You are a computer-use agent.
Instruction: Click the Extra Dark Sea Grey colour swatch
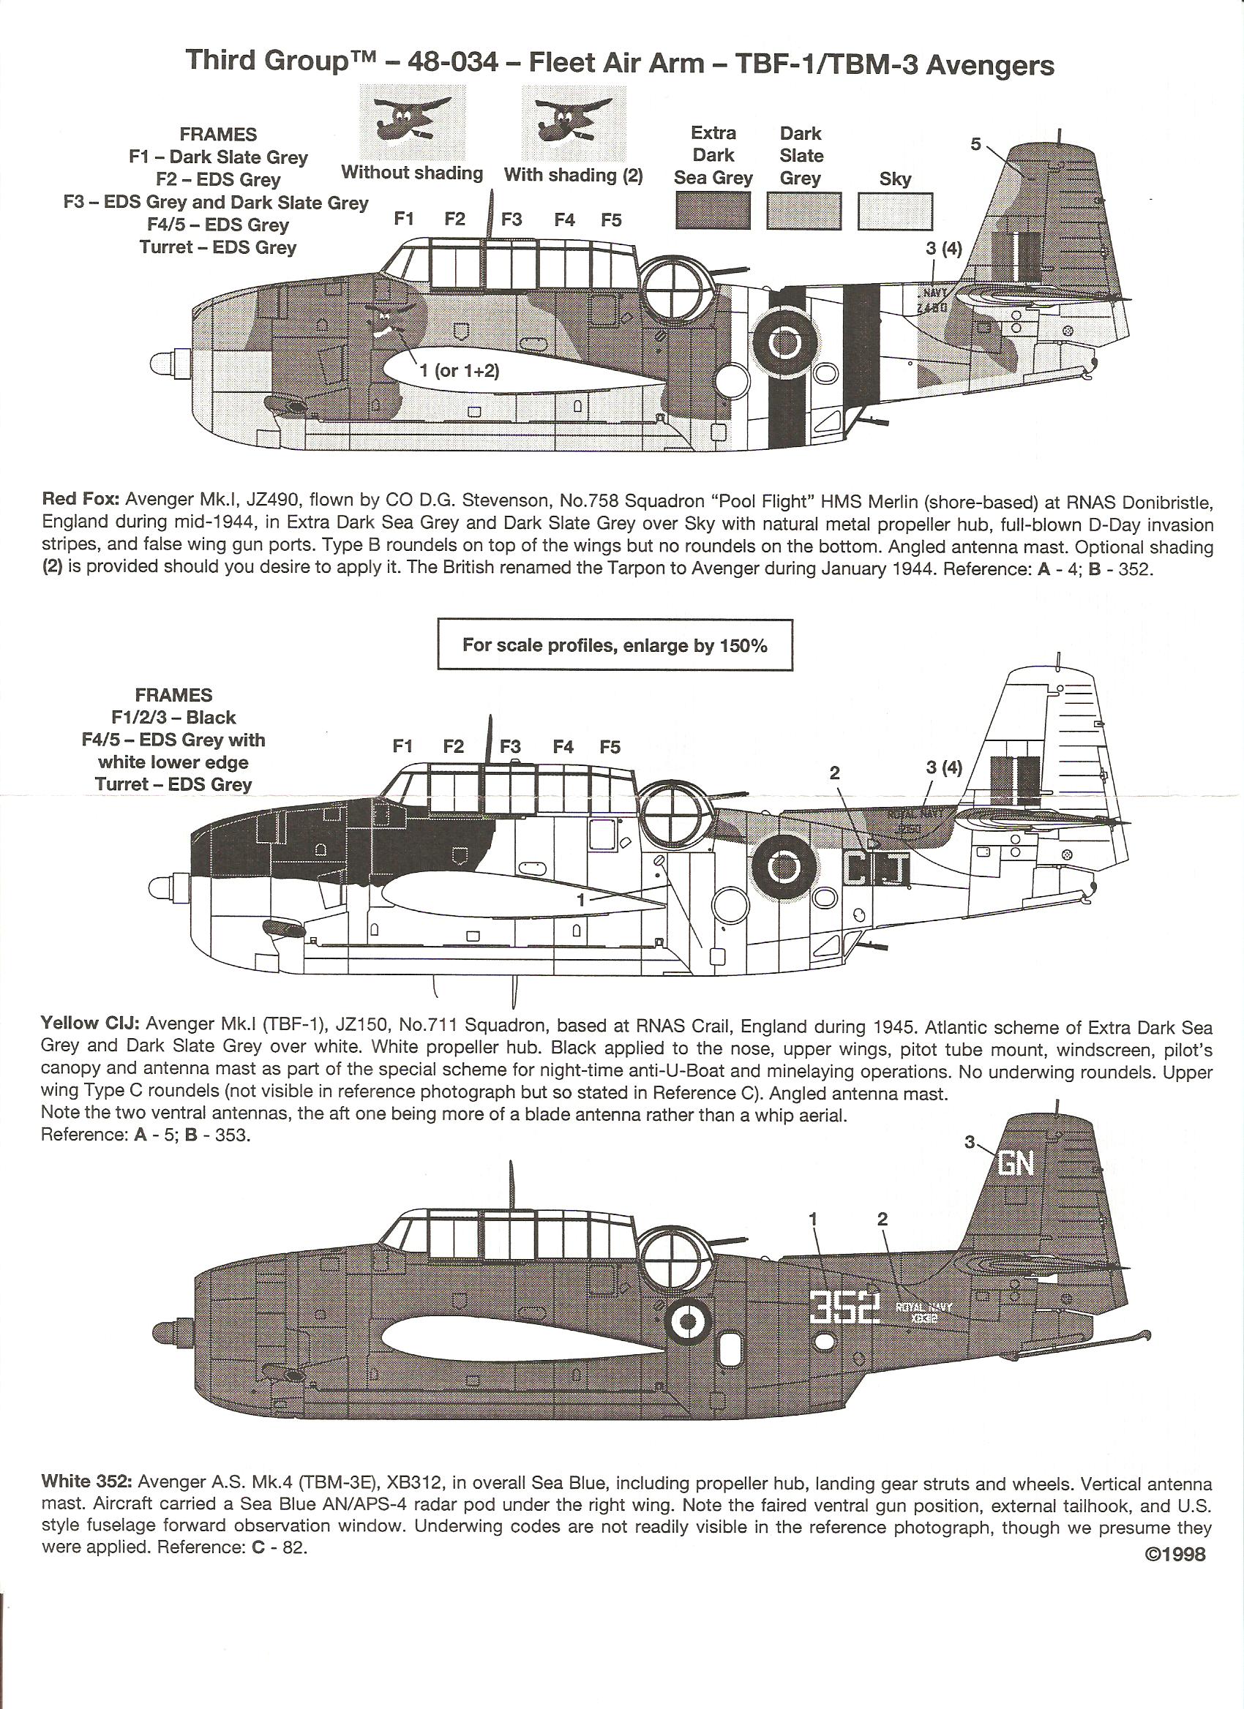[x=713, y=210]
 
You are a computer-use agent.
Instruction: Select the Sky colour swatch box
[x=895, y=211]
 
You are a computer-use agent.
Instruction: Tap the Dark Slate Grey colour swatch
[x=803, y=210]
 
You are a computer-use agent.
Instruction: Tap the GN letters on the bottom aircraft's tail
[x=1016, y=1165]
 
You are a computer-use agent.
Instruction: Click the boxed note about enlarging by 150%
[x=614, y=645]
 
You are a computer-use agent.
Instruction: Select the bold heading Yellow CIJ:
[x=90, y=1023]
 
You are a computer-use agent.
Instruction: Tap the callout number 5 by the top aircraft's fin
[x=975, y=144]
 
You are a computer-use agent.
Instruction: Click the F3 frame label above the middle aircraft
[x=510, y=746]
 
